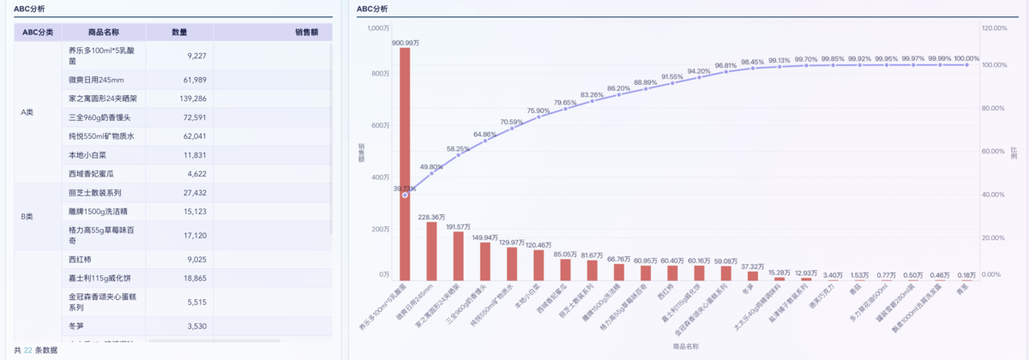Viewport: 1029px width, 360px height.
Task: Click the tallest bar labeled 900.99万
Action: [405, 163]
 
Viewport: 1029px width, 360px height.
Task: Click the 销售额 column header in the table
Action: [306, 32]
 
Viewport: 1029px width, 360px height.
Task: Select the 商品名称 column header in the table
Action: [104, 32]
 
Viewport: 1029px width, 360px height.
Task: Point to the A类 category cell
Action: [27, 111]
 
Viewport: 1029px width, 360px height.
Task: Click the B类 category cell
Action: [27, 217]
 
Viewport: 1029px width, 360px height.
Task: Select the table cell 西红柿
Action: [80, 259]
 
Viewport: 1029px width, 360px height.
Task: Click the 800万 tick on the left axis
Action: [379, 74]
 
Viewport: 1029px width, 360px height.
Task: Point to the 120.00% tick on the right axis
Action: [993, 28]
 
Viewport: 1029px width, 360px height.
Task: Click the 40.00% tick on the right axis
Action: [992, 195]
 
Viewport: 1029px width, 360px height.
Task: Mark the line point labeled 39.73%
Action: [405, 195]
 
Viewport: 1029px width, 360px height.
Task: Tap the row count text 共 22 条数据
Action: [36, 350]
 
